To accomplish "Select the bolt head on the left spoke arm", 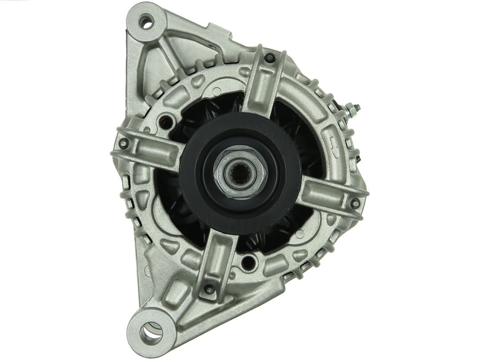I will [x=124, y=143].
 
